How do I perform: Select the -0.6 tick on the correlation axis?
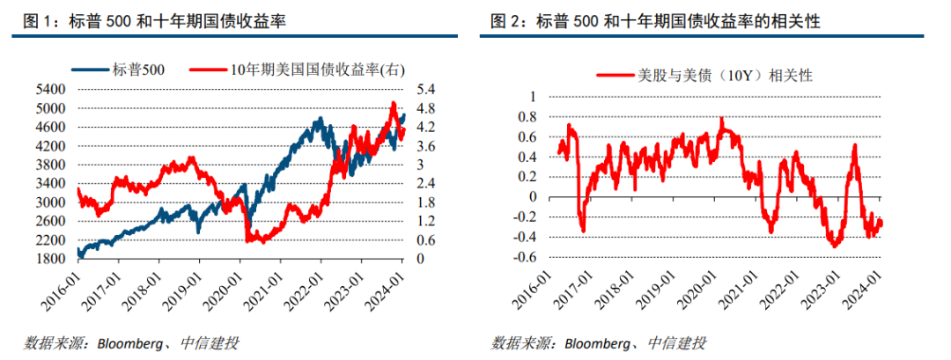pos(525,258)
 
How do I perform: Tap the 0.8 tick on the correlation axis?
pos(527,117)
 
